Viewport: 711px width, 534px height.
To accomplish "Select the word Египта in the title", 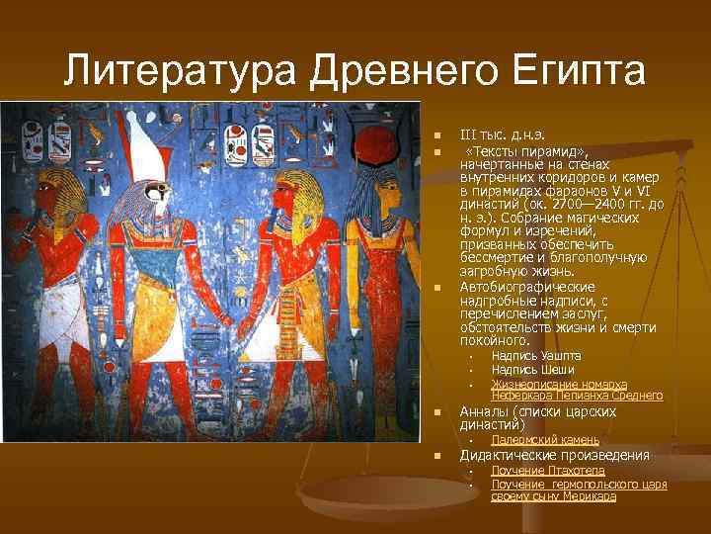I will [x=566, y=71].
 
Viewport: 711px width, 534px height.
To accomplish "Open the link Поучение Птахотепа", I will [x=547, y=471].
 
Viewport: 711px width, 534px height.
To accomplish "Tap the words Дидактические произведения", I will [x=554, y=456].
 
